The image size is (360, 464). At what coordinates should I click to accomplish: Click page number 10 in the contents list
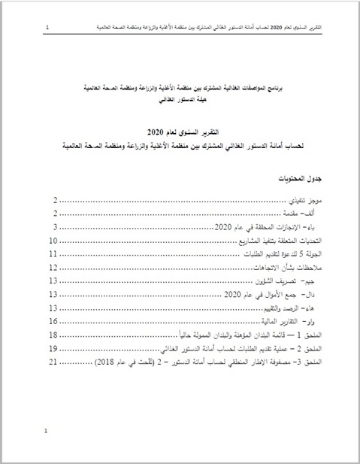[53, 241]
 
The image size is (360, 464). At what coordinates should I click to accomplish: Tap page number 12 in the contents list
[53, 267]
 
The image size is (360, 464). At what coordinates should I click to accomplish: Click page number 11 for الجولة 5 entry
[53, 254]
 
